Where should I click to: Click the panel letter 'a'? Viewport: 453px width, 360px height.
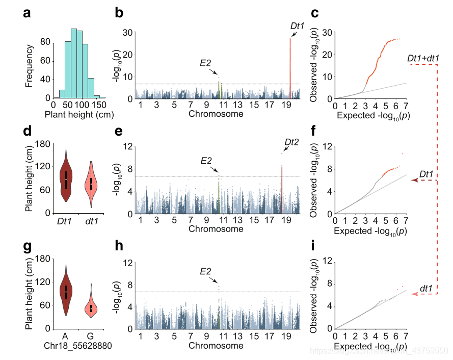coord(27,14)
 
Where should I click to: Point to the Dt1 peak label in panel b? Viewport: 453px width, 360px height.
coord(298,24)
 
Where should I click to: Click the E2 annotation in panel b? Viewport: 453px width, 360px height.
coord(205,63)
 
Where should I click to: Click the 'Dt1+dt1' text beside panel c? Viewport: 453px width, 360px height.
coord(423,59)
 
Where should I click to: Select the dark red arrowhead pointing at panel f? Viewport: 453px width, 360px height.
coord(413,181)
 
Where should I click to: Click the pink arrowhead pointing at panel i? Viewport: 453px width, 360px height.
coord(413,294)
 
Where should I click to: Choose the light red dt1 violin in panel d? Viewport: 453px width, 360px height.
coord(91,184)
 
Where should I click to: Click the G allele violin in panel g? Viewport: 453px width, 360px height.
coord(91,306)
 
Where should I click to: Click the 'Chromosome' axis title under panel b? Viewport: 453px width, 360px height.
coord(216,114)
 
